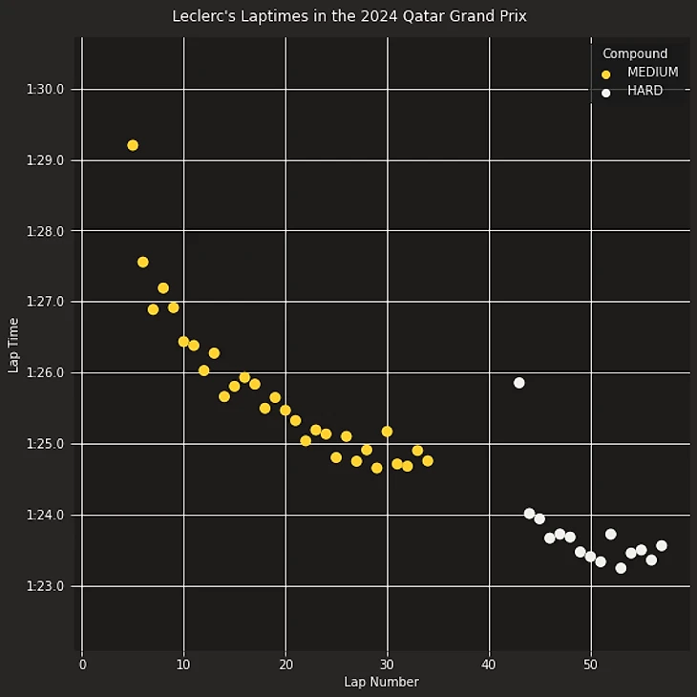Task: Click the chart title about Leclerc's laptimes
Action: (x=348, y=16)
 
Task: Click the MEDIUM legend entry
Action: (x=652, y=73)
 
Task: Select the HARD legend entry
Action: (x=644, y=92)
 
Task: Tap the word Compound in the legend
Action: (x=635, y=53)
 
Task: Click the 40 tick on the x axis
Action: (x=489, y=664)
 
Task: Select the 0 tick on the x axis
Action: (x=82, y=664)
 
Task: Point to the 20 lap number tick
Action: (x=285, y=664)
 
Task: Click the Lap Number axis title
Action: (x=381, y=682)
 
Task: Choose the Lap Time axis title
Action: (x=13, y=345)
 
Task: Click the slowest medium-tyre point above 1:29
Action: (x=133, y=145)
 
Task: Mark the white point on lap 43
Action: (x=519, y=383)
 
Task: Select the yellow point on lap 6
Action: (x=143, y=262)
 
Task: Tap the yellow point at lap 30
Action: (x=387, y=432)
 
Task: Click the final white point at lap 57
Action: (x=662, y=546)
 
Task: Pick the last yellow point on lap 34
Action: (x=428, y=461)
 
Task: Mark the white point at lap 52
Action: (x=611, y=535)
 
